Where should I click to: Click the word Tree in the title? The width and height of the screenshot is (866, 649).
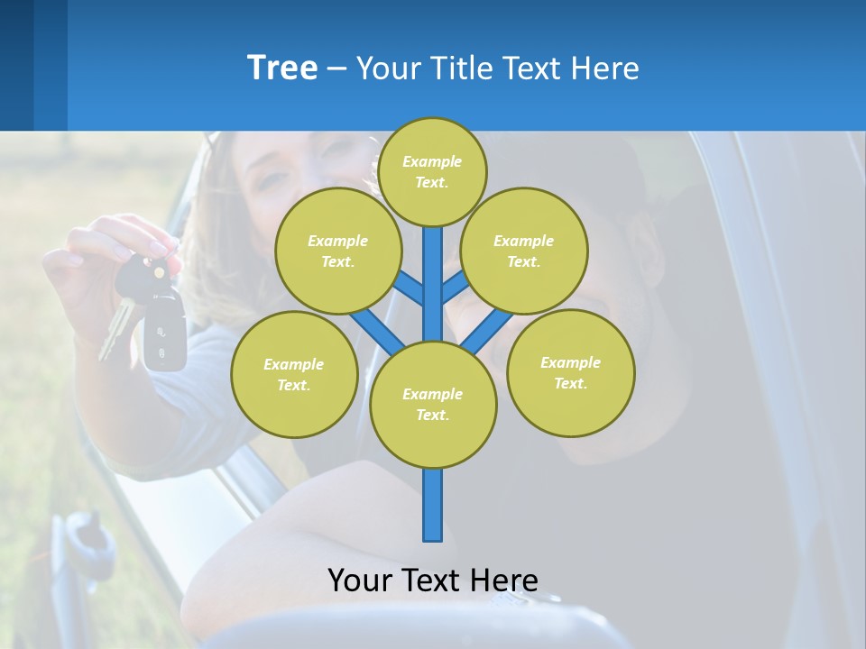point(282,68)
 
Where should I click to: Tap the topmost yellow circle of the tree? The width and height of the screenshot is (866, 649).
point(432,172)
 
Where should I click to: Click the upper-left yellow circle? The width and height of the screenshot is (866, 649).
point(338,251)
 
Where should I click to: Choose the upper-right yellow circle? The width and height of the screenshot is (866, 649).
point(524,251)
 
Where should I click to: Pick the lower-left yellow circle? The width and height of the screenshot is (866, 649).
point(294,374)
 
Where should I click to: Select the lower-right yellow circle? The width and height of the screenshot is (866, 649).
point(571,372)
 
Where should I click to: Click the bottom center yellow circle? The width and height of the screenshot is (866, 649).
point(433,405)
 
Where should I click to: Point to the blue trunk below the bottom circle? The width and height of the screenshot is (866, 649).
point(433,505)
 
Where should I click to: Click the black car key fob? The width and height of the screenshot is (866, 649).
point(164,334)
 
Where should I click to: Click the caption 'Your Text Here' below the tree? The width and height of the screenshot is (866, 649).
point(433,580)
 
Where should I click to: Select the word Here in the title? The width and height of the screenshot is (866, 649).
point(607,69)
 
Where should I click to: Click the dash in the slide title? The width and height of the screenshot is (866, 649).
point(336,69)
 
